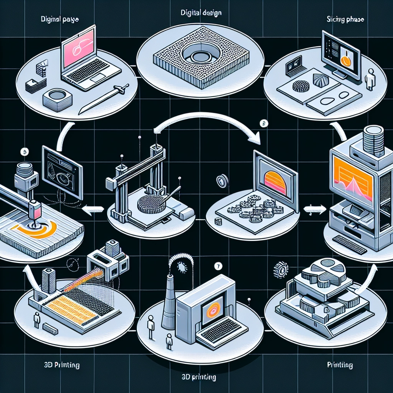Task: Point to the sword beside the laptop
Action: (102, 99)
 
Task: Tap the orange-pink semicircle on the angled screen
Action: (275, 183)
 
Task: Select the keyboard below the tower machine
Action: (350, 244)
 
